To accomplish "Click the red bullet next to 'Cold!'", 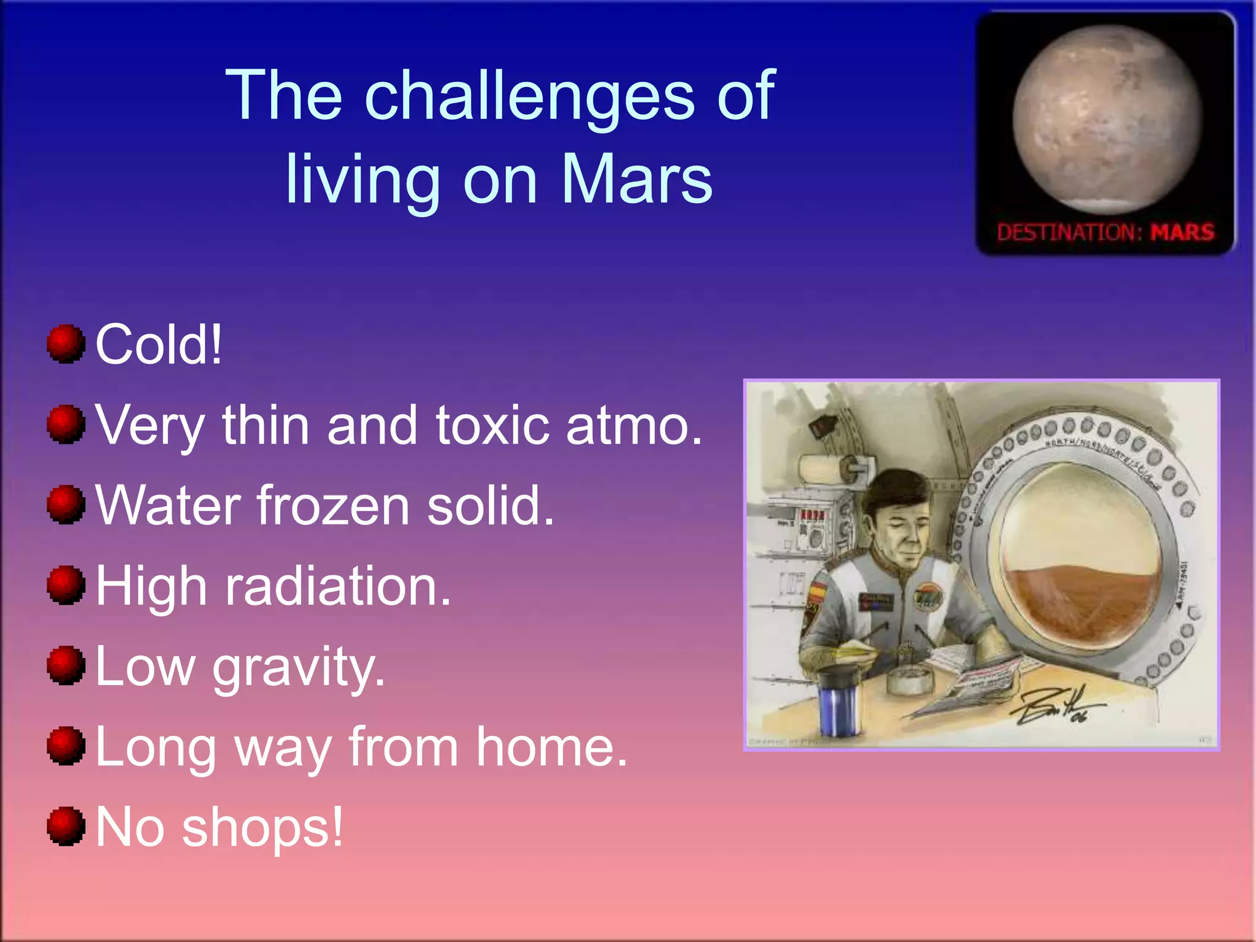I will pyautogui.click(x=66, y=344).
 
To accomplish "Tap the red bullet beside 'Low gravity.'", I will pyautogui.click(x=66, y=665).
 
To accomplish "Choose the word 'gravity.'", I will pyautogui.click(x=299, y=668).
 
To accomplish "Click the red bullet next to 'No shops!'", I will pyautogui.click(x=66, y=826).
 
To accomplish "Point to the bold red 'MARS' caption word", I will pyautogui.click(x=1182, y=232).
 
